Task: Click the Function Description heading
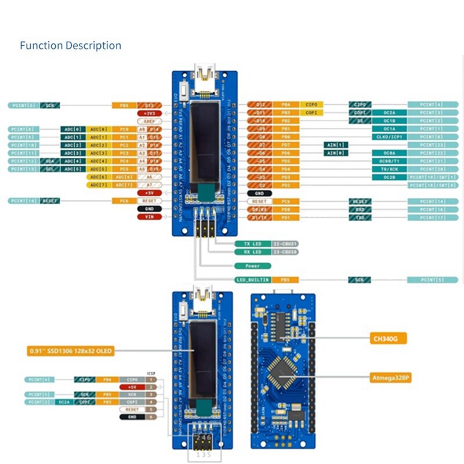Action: (70, 45)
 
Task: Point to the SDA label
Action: (50, 161)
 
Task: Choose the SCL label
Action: (50, 169)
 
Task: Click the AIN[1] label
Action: (336, 144)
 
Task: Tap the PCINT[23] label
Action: (429, 144)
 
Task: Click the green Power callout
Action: (253, 266)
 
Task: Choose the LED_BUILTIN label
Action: (253, 280)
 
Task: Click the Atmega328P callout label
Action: (391, 378)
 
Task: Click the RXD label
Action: (360, 209)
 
